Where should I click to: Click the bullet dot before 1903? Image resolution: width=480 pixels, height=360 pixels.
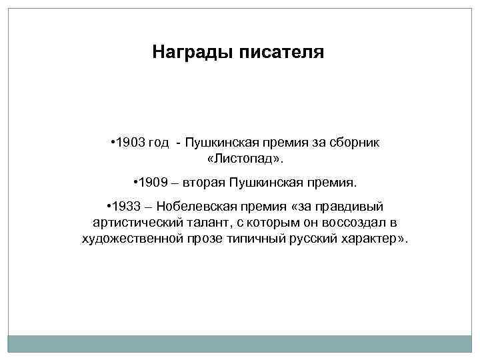pyautogui.click(x=111, y=143)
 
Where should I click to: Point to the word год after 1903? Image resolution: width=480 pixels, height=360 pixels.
pyautogui.click(x=157, y=143)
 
